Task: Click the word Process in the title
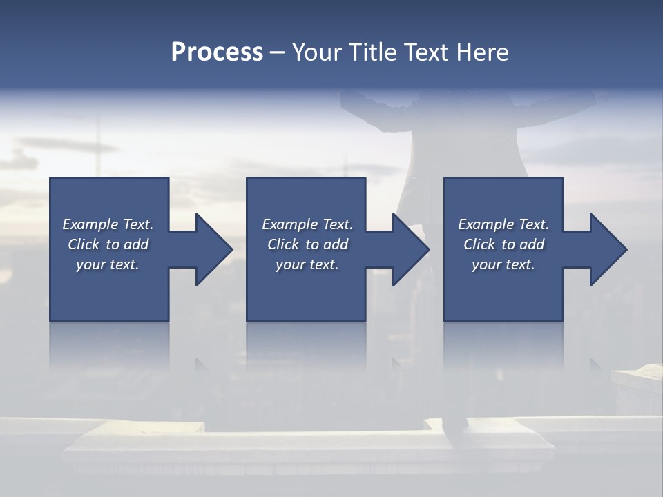(x=217, y=52)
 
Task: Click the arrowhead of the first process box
(x=210, y=249)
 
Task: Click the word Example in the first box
(x=90, y=224)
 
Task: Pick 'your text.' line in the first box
(x=108, y=264)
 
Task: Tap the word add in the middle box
(x=336, y=244)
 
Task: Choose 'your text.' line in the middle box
(x=307, y=264)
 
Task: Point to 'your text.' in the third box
(x=503, y=264)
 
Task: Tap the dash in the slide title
(x=278, y=52)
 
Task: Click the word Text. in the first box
(x=137, y=224)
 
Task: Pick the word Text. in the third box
(x=533, y=224)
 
